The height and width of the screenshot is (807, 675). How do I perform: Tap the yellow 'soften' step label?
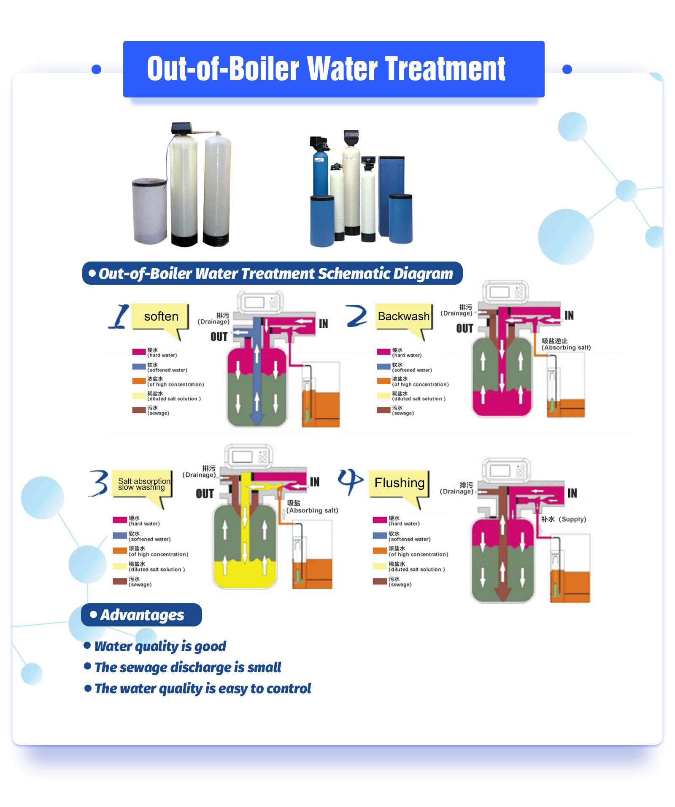tap(161, 316)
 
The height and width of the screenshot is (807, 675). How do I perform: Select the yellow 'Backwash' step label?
tap(403, 316)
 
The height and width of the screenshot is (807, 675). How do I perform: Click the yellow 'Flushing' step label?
tap(399, 483)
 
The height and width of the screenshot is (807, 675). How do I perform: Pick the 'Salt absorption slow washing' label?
tap(143, 484)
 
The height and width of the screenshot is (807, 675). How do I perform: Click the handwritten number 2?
tap(356, 316)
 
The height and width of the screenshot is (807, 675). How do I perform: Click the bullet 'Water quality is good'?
tap(160, 646)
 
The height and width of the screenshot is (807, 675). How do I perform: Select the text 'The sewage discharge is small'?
tap(188, 667)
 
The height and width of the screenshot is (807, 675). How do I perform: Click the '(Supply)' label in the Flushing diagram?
tap(572, 519)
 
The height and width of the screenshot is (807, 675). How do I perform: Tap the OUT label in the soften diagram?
tap(219, 337)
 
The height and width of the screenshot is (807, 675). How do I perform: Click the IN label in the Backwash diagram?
tap(569, 316)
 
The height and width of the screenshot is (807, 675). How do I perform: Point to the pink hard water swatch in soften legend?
tap(139, 352)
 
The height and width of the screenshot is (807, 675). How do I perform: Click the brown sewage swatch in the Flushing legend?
tap(380, 581)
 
